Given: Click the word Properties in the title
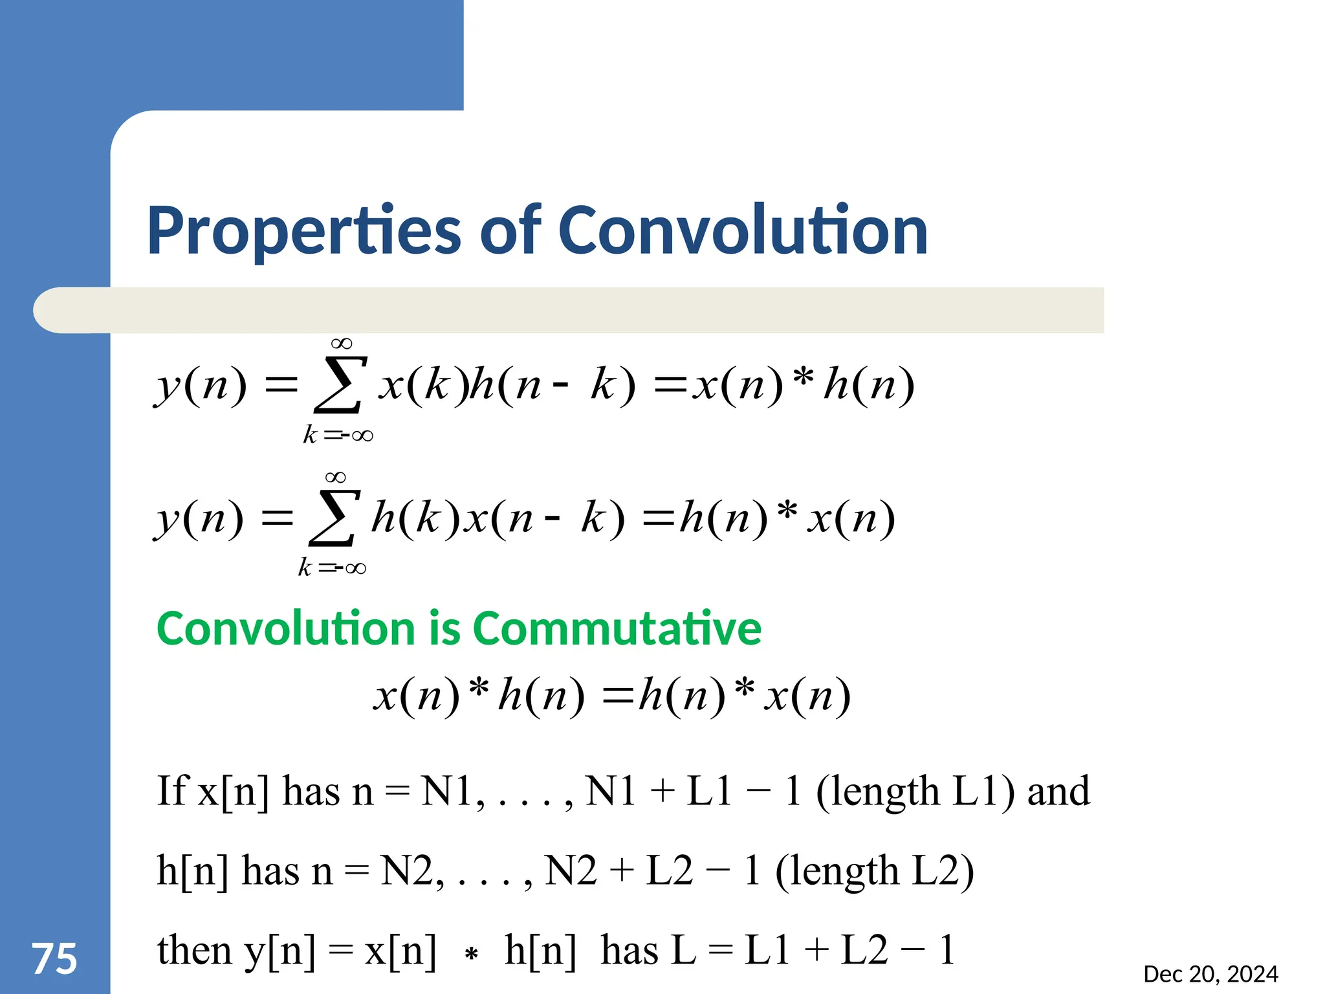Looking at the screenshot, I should (303, 231).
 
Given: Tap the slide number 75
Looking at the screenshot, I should (54, 958).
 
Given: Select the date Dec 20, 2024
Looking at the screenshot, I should (1210, 974).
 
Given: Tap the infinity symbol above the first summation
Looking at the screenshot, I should (341, 344).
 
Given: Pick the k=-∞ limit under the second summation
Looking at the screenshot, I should (332, 568).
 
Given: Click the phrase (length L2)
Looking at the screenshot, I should (874, 871).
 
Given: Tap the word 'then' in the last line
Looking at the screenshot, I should (194, 950).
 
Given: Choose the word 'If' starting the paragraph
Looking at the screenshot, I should (172, 791).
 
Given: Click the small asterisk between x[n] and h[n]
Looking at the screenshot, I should (472, 953).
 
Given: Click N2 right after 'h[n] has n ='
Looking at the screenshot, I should (406, 871).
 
